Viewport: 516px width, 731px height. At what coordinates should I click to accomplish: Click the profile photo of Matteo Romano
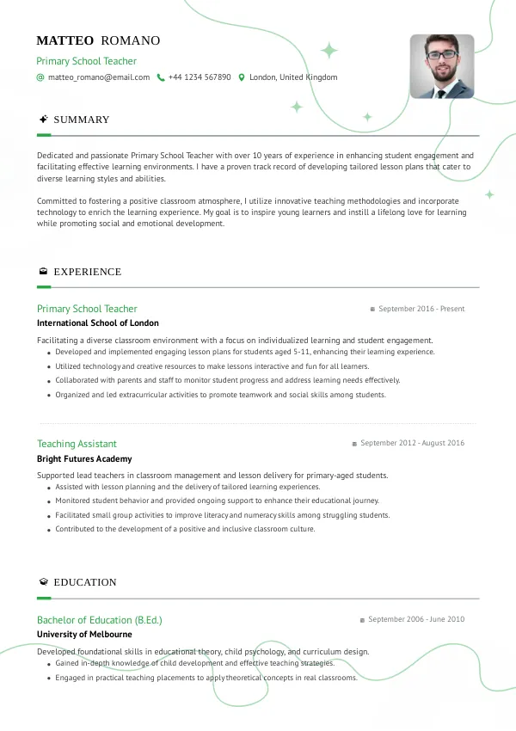pyautogui.click(x=442, y=66)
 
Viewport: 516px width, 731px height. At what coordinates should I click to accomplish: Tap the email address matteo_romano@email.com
pyautogui.click(x=99, y=77)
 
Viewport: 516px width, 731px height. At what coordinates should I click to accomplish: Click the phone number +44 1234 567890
pyautogui.click(x=200, y=77)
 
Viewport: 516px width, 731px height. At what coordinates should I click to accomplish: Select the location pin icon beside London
pyautogui.click(x=242, y=77)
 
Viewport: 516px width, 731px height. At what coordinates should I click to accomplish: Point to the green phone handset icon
pyautogui.click(x=160, y=77)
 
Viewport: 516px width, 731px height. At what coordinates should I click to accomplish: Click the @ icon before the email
pyautogui.click(x=40, y=77)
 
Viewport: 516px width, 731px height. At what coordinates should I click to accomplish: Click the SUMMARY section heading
pyautogui.click(x=82, y=120)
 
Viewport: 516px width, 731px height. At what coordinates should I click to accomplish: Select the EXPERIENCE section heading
pyautogui.click(x=87, y=272)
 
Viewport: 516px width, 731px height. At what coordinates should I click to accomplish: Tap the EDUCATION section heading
pyautogui.click(x=85, y=582)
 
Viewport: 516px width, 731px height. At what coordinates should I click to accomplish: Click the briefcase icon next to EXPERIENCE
pyautogui.click(x=43, y=272)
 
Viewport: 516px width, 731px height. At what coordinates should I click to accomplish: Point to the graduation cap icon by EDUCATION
pyautogui.click(x=43, y=582)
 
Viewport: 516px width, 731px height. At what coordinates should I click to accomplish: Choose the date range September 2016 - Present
pyautogui.click(x=421, y=309)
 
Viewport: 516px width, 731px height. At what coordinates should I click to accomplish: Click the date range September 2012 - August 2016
pyautogui.click(x=412, y=444)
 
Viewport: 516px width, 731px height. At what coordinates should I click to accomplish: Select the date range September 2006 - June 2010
pyautogui.click(x=416, y=619)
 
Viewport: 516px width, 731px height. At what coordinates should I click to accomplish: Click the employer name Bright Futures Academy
pyautogui.click(x=84, y=459)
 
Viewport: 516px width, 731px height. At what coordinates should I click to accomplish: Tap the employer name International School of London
pyautogui.click(x=98, y=323)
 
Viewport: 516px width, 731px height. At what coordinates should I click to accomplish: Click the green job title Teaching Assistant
pyautogui.click(x=77, y=444)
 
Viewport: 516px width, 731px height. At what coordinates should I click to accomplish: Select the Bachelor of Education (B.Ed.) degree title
pyautogui.click(x=100, y=619)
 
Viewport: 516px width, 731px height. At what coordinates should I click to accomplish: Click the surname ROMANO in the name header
pyautogui.click(x=131, y=40)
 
